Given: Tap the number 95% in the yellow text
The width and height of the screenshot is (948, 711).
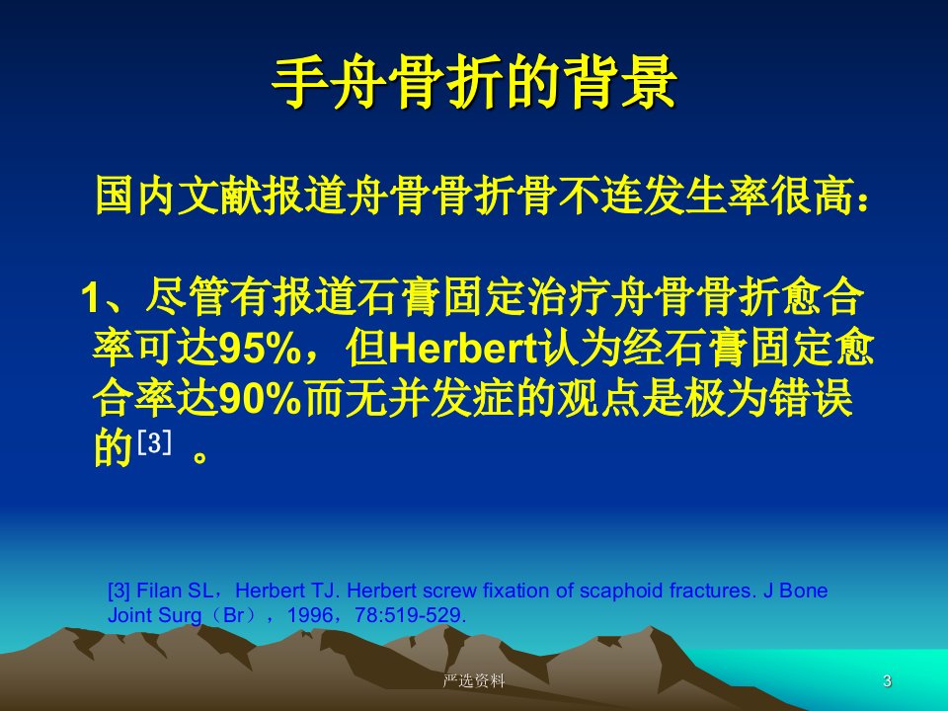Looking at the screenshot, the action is click(x=260, y=349).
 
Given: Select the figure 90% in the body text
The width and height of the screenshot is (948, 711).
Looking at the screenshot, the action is click(x=260, y=399).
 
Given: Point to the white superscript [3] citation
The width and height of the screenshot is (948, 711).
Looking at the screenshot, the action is click(x=154, y=443).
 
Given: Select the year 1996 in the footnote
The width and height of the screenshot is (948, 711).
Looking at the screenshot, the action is click(x=310, y=615).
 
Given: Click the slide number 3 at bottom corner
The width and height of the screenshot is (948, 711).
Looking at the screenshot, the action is click(x=887, y=680).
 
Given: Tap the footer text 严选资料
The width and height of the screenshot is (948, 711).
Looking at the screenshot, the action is click(x=473, y=680).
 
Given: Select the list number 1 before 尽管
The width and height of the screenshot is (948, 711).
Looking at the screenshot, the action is click(x=90, y=297).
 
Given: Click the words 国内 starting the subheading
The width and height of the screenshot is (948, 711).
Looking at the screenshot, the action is click(x=136, y=196).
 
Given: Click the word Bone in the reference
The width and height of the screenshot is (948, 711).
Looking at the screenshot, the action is click(x=804, y=591).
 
